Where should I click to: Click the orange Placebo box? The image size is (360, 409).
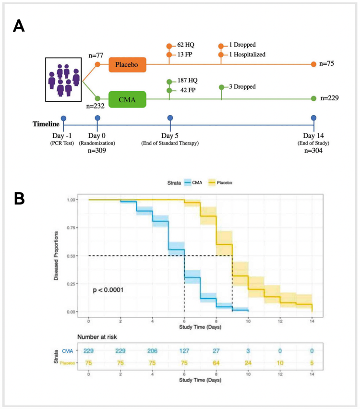[127, 64]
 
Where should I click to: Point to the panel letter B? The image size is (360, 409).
[19, 198]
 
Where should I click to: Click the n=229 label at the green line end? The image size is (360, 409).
[330, 98]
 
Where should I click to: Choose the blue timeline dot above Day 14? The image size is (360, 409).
[313, 118]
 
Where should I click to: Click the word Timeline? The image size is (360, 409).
[46, 124]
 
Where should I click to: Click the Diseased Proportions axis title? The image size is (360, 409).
[56, 256]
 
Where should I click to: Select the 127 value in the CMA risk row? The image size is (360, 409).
[184, 350]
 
